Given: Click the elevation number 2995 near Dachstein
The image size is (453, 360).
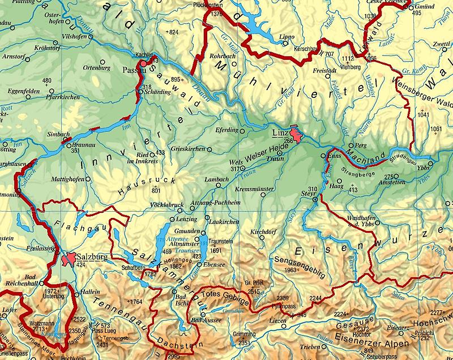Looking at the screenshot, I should (x=173, y=355).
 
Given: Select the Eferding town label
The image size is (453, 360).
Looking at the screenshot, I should (x=228, y=130).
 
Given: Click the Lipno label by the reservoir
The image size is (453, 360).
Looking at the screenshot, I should (x=287, y=37).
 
